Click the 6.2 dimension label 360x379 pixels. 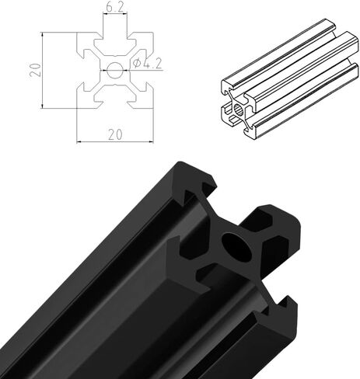point(115,8)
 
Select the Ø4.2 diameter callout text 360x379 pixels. point(147,64)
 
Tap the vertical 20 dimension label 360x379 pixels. point(35,70)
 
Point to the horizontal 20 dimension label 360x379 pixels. point(115,134)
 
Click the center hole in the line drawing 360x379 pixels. point(115,70)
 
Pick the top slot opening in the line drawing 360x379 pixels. point(115,36)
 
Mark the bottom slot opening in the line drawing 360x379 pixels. point(115,104)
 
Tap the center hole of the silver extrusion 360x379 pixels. point(238,110)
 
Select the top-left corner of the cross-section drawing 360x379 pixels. point(77,33)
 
